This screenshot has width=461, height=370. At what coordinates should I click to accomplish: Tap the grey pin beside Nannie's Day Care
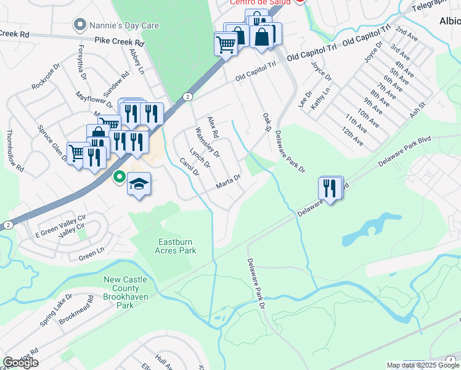pos(80,25)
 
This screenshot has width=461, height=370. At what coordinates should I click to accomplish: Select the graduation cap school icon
pos(139,184)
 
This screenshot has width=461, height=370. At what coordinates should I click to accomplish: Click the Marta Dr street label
pos(227,183)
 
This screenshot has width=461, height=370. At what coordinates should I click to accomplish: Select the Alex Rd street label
pos(213,126)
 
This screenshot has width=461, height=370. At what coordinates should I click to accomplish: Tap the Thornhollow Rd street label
pos(15,150)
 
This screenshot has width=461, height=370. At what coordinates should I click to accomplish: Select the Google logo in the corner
pos(20,362)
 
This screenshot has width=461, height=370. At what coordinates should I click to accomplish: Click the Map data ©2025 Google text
pos(422,365)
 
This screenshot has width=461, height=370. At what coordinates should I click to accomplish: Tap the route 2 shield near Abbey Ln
pos(187,97)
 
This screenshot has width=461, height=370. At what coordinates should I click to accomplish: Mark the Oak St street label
pos(267,121)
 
